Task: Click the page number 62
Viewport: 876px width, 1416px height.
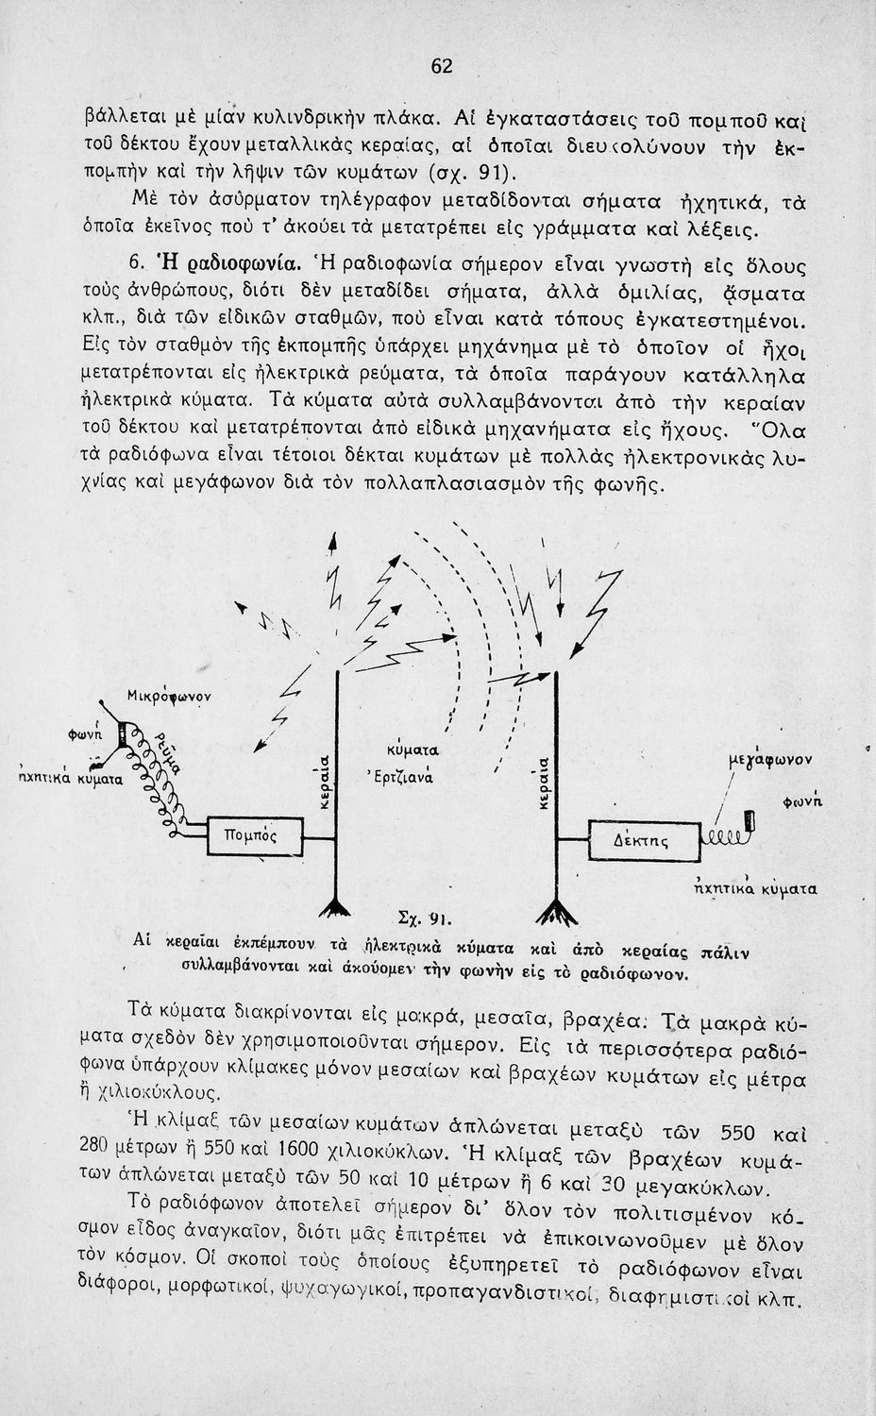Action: pyautogui.click(x=443, y=66)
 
